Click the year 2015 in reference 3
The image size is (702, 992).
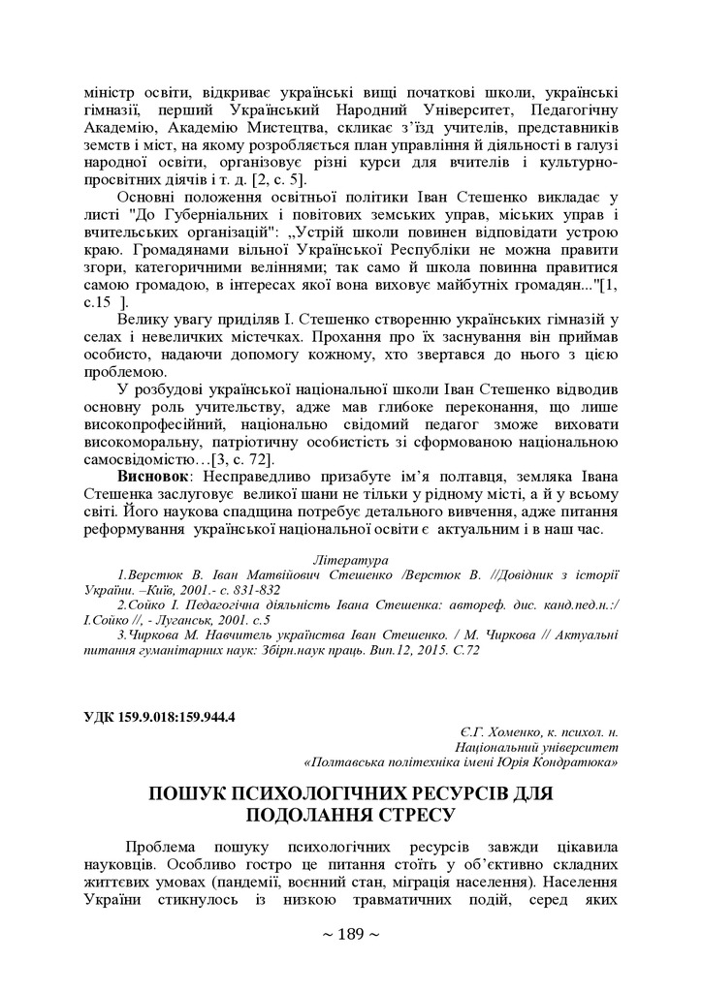[x=411, y=650]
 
